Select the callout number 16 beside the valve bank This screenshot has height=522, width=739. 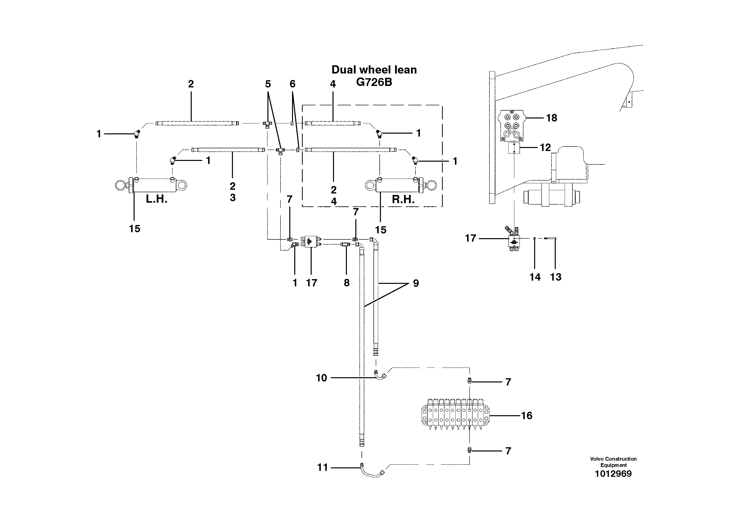coord(527,416)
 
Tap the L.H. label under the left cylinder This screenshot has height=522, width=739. coord(156,199)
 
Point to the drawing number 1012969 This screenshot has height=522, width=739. coord(613,474)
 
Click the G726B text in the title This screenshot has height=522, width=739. coord(374,82)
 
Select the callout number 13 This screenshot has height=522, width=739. coord(556,277)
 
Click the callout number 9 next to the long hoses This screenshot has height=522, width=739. coord(416,284)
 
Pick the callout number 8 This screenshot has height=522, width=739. coord(346,283)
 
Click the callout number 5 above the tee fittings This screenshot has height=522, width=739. coord(268,84)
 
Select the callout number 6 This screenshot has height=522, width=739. coord(292,84)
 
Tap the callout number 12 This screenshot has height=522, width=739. coord(545,148)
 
